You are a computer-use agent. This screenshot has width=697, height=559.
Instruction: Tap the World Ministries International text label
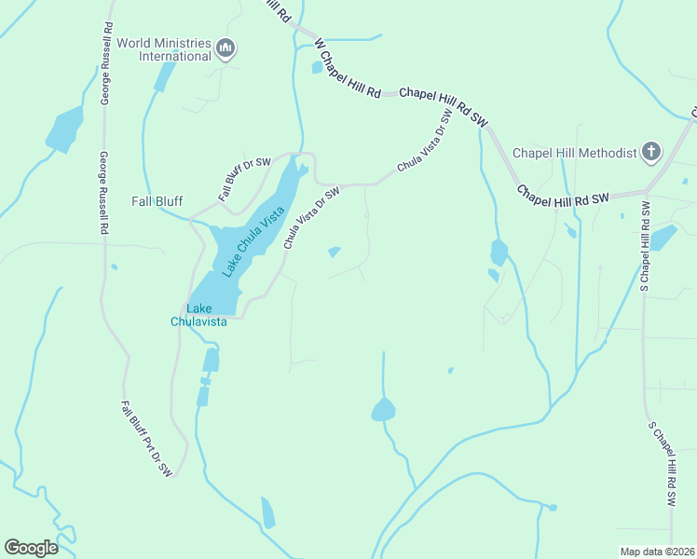(163, 49)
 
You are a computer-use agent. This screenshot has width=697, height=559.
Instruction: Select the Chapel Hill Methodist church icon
(651, 152)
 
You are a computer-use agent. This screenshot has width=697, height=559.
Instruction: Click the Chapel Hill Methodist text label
(575, 153)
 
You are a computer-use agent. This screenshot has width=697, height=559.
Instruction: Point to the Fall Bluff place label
(157, 201)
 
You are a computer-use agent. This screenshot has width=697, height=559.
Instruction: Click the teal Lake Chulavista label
(198, 315)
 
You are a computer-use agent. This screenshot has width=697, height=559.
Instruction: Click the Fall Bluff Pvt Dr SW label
(147, 439)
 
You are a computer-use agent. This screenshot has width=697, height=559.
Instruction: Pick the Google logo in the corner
(31, 547)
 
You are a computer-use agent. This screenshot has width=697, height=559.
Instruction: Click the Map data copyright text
(657, 551)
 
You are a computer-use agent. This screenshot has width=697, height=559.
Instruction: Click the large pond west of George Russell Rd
(64, 130)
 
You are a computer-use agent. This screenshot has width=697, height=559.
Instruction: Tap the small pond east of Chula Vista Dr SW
(334, 252)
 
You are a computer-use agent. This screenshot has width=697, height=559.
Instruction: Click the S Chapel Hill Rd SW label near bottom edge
(662, 463)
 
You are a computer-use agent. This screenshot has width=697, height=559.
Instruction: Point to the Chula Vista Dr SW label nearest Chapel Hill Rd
(424, 140)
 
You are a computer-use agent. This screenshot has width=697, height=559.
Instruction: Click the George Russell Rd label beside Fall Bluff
(105, 194)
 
